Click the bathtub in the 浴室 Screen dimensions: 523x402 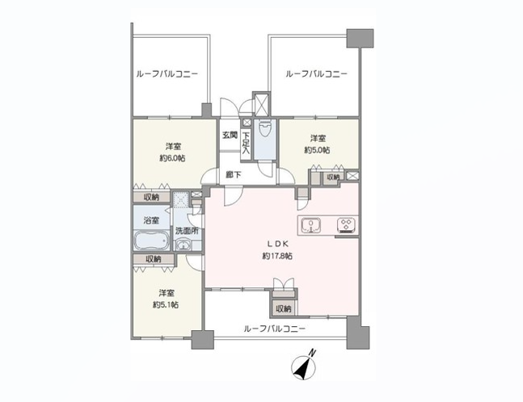pyautogui.click(x=152, y=240)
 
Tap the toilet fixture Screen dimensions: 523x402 pyautogui.click(x=265, y=129)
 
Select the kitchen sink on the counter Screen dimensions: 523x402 pyautogui.click(x=311, y=225)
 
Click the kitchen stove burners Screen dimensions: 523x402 pyautogui.click(x=347, y=225)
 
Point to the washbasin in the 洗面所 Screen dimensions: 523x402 pyautogui.click(x=183, y=245)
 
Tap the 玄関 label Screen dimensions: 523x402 pyautogui.click(x=230, y=136)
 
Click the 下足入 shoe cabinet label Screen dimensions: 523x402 pyautogui.click(x=247, y=143)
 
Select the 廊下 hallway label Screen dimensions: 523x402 pyautogui.click(x=234, y=174)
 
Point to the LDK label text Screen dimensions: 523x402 pyautogui.click(x=277, y=244)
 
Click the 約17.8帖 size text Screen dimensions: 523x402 pyautogui.click(x=277, y=256)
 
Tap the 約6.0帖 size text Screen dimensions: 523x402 pyautogui.click(x=172, y=158)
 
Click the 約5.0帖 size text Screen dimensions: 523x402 pyautogui.click(x=317, y=150)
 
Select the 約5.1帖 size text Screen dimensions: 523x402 pyautogui.click(x=166, y=305)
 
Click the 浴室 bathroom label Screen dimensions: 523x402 pyautogui.click(x=151, y=220)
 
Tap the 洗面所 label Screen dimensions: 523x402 pyautogui.click(x=187, y=231)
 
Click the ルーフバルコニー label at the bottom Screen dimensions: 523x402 pyautogui.click(x=275, y=329)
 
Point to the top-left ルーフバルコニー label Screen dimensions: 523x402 pyautogui.click(x=167, y=74)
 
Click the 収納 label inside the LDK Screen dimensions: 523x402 pyautogui.click(x=284, y=309)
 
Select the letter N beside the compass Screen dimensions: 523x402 pyautogui.click(x=312, y=353)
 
